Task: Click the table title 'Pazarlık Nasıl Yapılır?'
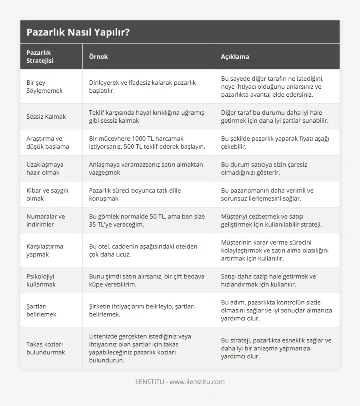point(78,32)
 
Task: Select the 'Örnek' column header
point(98,56)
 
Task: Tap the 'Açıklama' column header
point(235,56)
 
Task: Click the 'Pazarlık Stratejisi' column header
point(40,56)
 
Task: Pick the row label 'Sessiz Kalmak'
point(46,116)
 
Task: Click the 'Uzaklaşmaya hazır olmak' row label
point(45,168)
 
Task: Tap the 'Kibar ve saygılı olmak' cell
point(47,194)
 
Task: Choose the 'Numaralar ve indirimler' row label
point(45,220)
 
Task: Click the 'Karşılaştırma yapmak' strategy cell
point(45,250)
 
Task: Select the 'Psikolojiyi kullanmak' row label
point(41,280)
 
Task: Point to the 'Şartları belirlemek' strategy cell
point(41,310)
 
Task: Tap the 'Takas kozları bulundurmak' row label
point(46,348)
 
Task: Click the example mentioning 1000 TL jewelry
point(147,142)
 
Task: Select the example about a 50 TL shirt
point(147,220)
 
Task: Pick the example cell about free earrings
point(146,280)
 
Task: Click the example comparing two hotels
point(143,250)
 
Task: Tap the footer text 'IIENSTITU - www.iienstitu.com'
point(180,382)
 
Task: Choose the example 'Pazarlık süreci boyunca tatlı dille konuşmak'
point(135,194)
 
